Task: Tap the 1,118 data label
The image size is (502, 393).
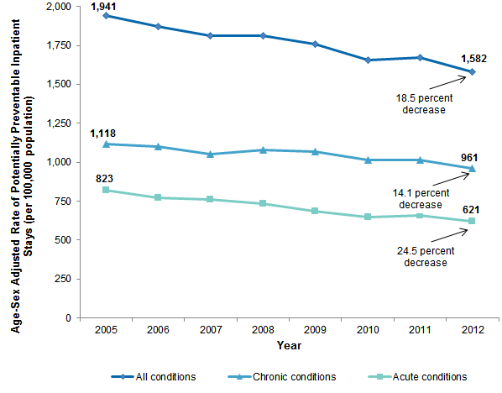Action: [104, 132]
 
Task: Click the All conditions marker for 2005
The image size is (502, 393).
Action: [104, 16]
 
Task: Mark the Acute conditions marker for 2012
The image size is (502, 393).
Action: [472, 221]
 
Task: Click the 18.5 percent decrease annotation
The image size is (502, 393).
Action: [423, 103]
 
